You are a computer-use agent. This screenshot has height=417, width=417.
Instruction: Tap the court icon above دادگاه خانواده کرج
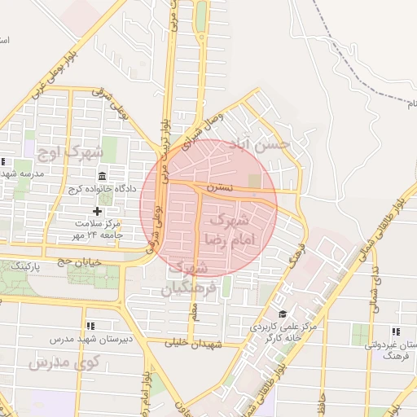[x=101, y=177]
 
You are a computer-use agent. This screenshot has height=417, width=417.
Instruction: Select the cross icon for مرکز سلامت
[x=98, y=211]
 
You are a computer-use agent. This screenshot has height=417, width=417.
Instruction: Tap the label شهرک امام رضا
[x=237, y=228]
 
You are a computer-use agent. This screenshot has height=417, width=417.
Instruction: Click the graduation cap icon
[x=283, y=314]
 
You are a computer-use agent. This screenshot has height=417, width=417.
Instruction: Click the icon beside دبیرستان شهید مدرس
[x=90, y=326]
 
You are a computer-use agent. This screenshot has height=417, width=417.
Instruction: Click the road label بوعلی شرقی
[x=115, y=112]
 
